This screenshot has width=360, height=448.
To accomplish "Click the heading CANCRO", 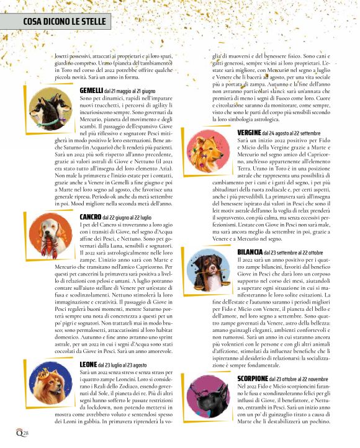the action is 90,217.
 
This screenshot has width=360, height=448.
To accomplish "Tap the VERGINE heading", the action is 248,133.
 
